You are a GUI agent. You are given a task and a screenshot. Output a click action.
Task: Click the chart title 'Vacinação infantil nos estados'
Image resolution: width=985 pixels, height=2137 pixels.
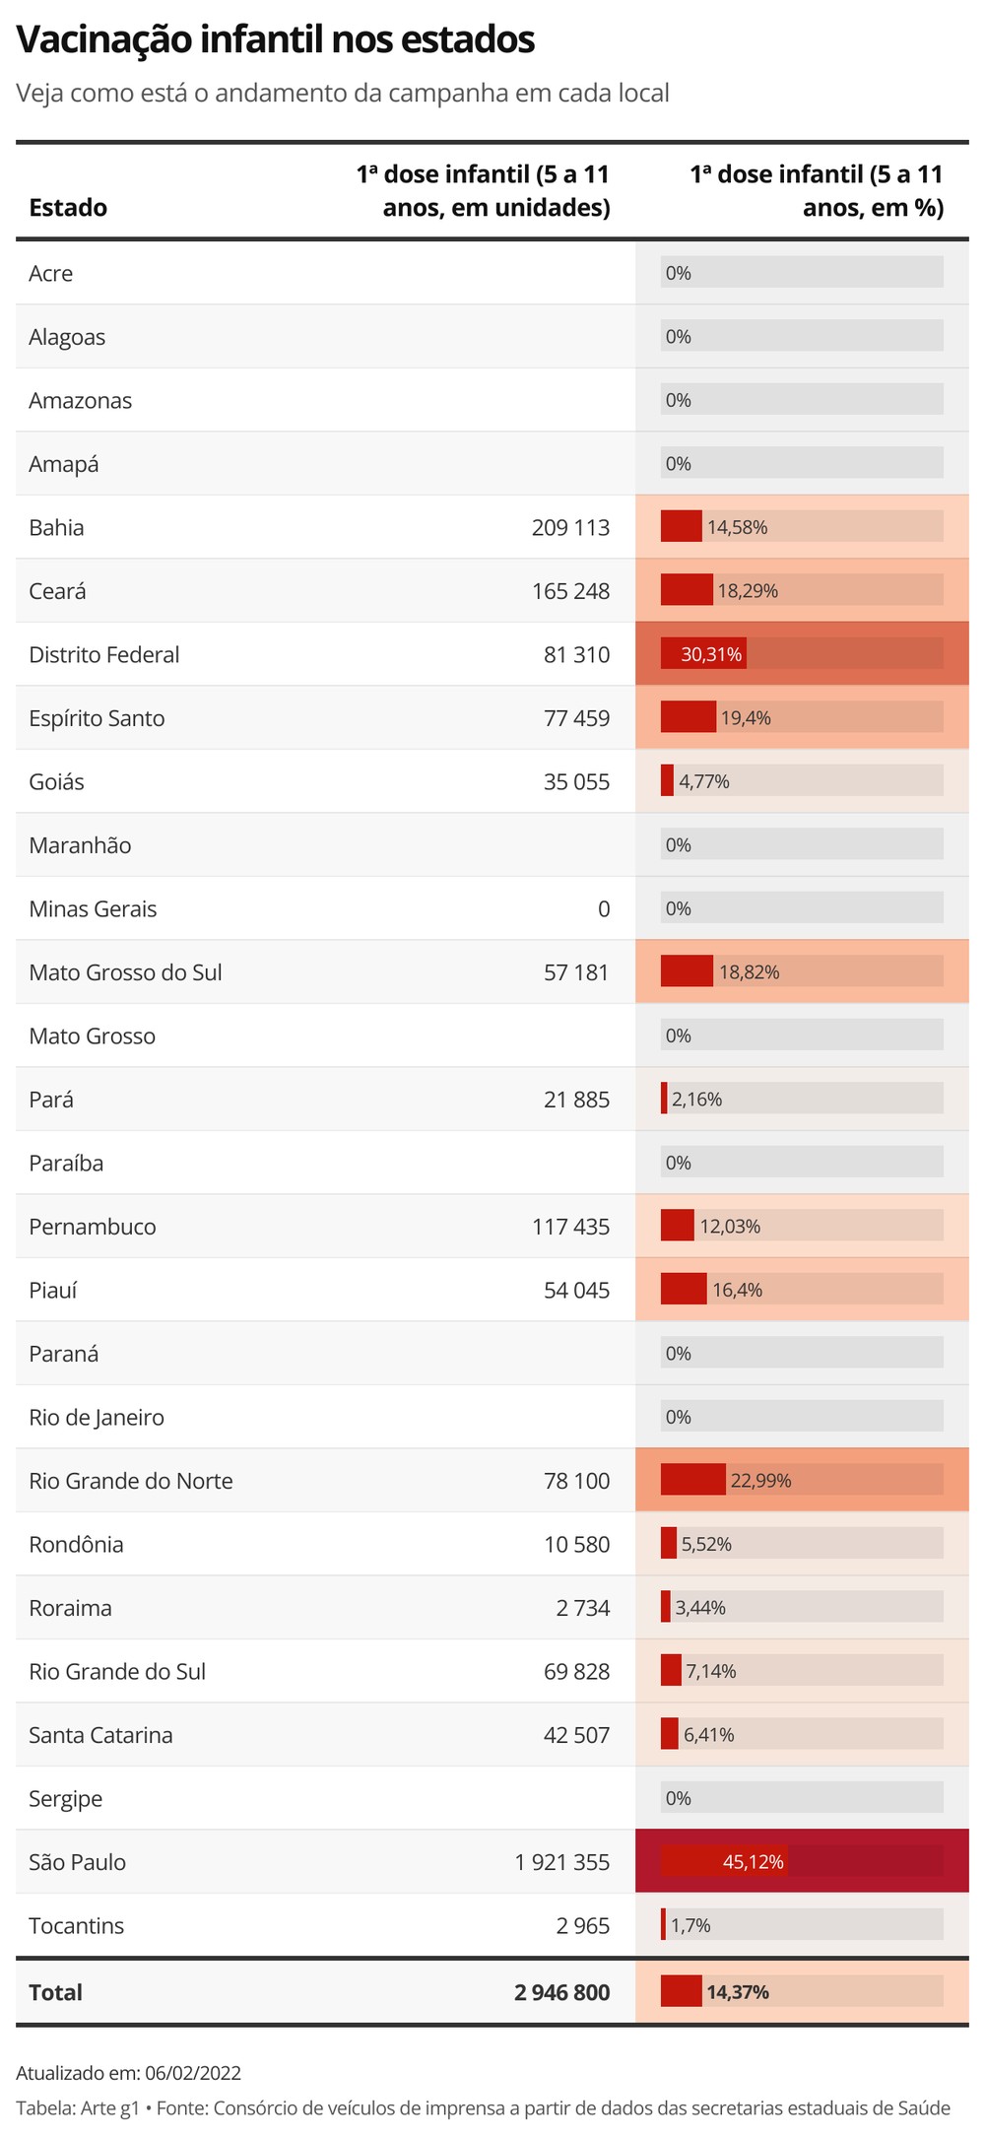pyautogui.click(x=276, y=40)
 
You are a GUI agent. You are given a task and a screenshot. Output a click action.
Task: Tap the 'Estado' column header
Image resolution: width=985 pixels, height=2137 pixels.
pyautogui.click(x=68, y=207)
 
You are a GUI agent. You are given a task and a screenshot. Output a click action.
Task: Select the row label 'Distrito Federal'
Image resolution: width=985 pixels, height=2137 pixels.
pyautogui.click(x=104, y=654)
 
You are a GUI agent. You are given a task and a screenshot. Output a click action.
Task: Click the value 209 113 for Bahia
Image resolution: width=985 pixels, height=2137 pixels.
pyautogui.click(x=570, y=527)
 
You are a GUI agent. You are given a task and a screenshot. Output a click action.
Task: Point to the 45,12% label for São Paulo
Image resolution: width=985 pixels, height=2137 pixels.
pyautogui.click(x=754, y=1861)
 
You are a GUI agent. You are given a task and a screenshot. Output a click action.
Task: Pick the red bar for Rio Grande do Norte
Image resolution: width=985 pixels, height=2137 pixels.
pyautogui.click(x=692, y=1480)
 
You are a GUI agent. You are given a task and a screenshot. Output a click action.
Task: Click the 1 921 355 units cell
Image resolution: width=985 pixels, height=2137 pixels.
pyautogui.click(x=561, y=1861)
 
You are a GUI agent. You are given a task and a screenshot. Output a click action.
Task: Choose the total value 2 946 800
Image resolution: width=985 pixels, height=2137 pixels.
pyautogui.click(x=561, y=1991)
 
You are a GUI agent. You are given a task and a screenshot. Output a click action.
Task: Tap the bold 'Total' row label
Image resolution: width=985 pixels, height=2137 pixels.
pyautogui.click(x=56, y=1991)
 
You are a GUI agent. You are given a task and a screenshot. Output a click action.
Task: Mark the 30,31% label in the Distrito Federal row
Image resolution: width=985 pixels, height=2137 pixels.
pyautogui.click(x=711, y=654)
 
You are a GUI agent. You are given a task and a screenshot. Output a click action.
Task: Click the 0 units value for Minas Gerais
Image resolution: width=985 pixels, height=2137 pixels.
pyautogui.click(x=604, y=908)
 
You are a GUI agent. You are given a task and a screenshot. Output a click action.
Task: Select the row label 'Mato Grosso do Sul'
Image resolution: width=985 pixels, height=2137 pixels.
pyautogui.click(x=125, y=972)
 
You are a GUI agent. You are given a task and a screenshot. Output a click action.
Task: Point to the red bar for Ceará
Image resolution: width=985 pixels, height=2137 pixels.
pyautogui.click(x=687, y=590)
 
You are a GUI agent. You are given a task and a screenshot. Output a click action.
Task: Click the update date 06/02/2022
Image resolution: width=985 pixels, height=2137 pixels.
pyautogui.click(x=192, y=2072)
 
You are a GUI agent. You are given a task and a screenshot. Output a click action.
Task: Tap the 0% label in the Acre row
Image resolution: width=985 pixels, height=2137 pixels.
pyautogui.click(x=679, y=273)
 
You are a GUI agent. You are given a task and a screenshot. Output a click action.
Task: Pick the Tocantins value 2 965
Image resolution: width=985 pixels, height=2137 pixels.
pyautogui.click(x=583, y=1925)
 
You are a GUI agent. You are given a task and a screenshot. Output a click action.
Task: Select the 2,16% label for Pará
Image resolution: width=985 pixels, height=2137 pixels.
pyautogui.click(x=697, y=1100)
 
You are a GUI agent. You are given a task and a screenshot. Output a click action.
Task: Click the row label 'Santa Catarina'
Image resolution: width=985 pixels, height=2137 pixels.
pyautogui.click(x=100, y=1734)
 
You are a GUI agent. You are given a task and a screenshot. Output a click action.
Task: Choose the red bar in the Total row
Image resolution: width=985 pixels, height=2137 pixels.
pyautogui.click(x=681, y=1991)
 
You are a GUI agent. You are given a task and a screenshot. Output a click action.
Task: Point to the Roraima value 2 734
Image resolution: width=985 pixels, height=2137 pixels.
pyautogui.click(x=583, y=1607)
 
